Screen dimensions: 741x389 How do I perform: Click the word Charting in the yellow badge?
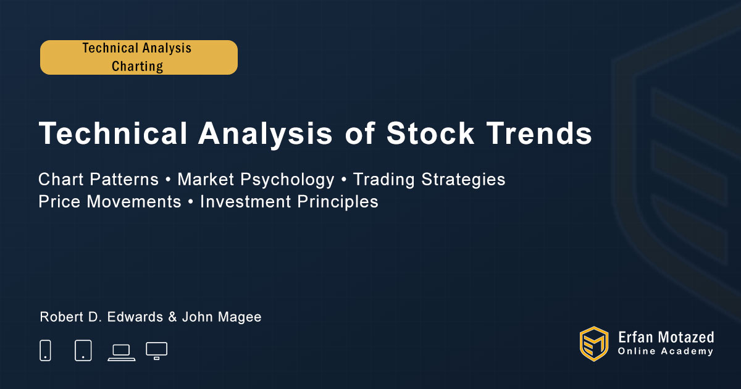click(x=137, y=67)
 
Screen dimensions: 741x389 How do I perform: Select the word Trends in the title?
click(x=539, y=133)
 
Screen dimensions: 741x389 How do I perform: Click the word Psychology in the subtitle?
click(x=288, y=180)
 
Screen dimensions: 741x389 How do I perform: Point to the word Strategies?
click(x=463, y=180)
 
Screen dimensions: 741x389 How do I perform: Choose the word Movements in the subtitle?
click(x=134, y=201)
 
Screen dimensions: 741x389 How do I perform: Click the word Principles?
click(x=338, y=202)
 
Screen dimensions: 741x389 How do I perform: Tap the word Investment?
click(x=246, y=201)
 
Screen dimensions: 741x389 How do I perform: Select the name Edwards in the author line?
click(x=135, y=317)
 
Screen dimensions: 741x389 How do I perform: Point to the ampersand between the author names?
click(x=172, y=317)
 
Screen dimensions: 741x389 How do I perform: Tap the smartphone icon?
click(x=45, y=350)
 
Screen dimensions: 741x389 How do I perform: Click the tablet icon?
click(x=83, y=350)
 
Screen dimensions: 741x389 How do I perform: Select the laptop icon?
click(x=122, y=353)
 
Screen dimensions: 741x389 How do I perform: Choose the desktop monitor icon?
click(x=156, y=351)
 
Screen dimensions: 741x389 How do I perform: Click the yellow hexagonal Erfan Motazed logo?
click(x=594, y=344)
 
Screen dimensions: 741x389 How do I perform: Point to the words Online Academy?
click(x=665, y=351)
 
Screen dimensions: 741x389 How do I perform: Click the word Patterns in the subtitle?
click(x=124, y=180)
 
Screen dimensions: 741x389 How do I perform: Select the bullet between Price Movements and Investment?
click(x=191, y=202)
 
